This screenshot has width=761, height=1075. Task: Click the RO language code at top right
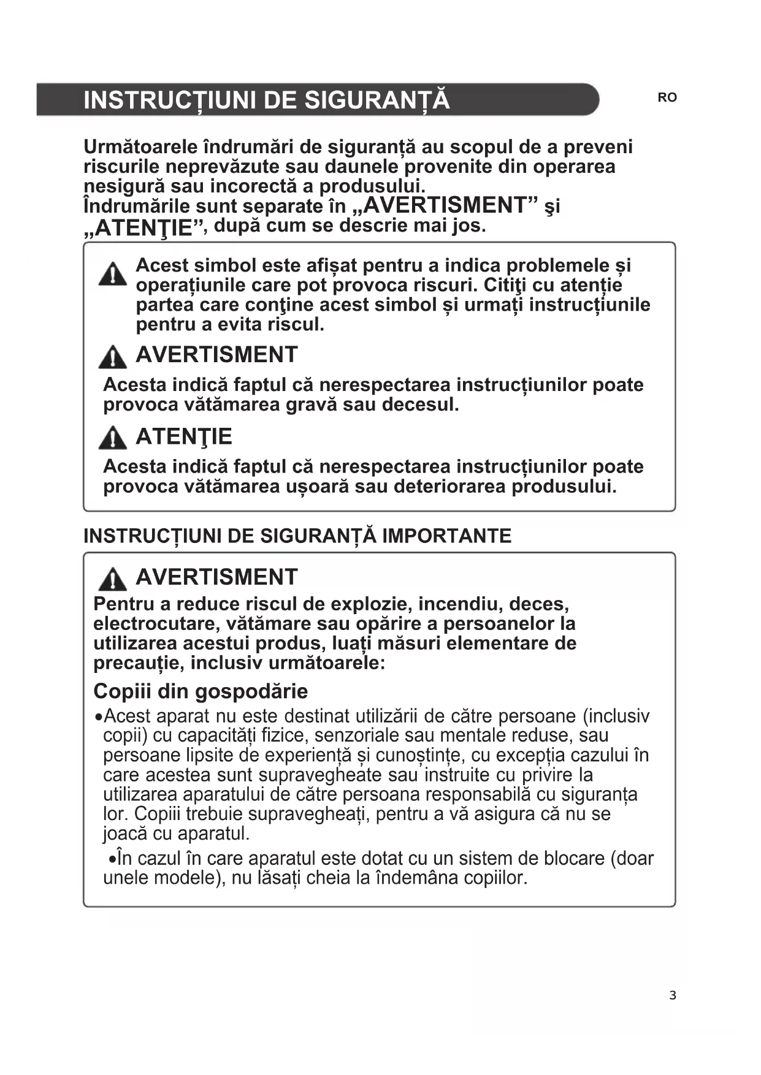pos(667,97)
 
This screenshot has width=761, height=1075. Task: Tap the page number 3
pos(673,995)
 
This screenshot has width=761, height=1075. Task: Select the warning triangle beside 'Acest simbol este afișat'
pos(113,273)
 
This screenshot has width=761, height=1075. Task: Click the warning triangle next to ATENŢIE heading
pos(113,438)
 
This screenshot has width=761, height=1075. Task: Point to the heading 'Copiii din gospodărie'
pos(201,691)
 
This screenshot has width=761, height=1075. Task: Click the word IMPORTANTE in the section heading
pos(446,536)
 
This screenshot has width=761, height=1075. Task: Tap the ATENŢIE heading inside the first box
pos(184,436)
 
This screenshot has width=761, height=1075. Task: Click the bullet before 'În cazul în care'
pos(112,859)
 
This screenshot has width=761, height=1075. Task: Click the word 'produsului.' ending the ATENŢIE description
pos(564,487)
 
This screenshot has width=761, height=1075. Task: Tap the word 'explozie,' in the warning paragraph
pos(372,604)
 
